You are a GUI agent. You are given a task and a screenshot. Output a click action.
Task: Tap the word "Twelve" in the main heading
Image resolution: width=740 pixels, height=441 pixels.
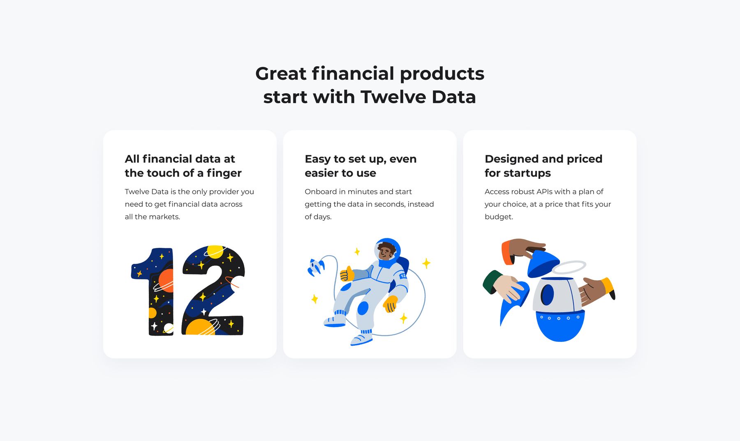click(392, 97)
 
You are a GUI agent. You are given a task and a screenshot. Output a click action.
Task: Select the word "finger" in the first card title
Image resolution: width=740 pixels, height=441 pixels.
click(224, 173)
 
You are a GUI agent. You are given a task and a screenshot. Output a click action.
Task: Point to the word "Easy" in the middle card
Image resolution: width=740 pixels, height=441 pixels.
click(318, 159)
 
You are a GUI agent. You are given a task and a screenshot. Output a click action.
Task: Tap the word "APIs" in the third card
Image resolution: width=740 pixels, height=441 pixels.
click(544, 192)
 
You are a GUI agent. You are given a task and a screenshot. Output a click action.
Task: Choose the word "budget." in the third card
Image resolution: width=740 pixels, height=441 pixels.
click(499, 217)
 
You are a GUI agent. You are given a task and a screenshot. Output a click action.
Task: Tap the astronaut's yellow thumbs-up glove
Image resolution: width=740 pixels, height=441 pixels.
click(347, 273)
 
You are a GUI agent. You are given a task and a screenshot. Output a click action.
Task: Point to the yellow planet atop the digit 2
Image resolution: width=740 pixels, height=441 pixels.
click(215, 252)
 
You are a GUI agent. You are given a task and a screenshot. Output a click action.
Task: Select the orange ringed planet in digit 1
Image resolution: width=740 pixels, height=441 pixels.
click(165, 281)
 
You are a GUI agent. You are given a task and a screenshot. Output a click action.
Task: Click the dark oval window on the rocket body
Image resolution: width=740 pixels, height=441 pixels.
click(547, 295)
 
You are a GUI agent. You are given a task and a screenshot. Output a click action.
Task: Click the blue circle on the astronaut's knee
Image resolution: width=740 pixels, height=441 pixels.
click(363, 308)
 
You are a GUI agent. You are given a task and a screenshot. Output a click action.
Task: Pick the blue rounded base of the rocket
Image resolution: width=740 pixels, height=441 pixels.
click(560, 326)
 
